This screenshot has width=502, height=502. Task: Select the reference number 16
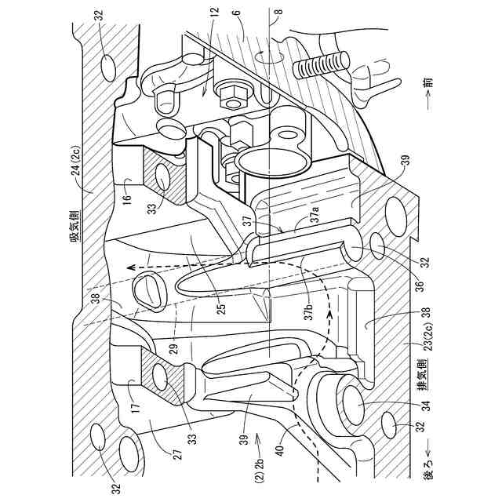pyautogui.click(x=128, y=186)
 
